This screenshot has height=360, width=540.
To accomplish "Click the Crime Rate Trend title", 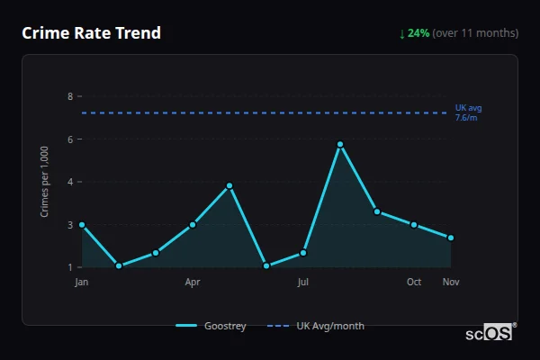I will [x=91, y=33].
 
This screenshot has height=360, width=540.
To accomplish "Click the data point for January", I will [x=82, y=224].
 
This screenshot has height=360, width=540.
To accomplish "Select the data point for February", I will [x=119, y=265].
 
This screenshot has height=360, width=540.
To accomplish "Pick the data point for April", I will [x=193, y=224].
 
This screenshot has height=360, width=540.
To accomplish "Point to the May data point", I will [x=229, y=185].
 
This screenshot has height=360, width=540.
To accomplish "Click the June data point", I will [x=266, y=265].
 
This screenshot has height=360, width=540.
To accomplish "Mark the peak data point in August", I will [x=340, y=144].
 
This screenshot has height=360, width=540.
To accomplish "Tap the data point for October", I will [x=414, y=224].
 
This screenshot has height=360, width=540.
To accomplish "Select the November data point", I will [x=451, y=238].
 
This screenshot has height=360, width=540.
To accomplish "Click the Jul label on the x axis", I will [x=303, y=283].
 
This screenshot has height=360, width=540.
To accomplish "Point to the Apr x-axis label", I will [x=193, y=283].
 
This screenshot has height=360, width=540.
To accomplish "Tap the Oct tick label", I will [x=414, y=283].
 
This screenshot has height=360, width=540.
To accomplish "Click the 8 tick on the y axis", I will [x=69, y=96].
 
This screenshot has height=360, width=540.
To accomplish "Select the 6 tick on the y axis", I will [x=69, y=139].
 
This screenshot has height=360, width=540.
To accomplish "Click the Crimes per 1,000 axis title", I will [x=45, y=182].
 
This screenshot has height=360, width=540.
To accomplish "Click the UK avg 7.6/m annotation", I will [x=468, y=112].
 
